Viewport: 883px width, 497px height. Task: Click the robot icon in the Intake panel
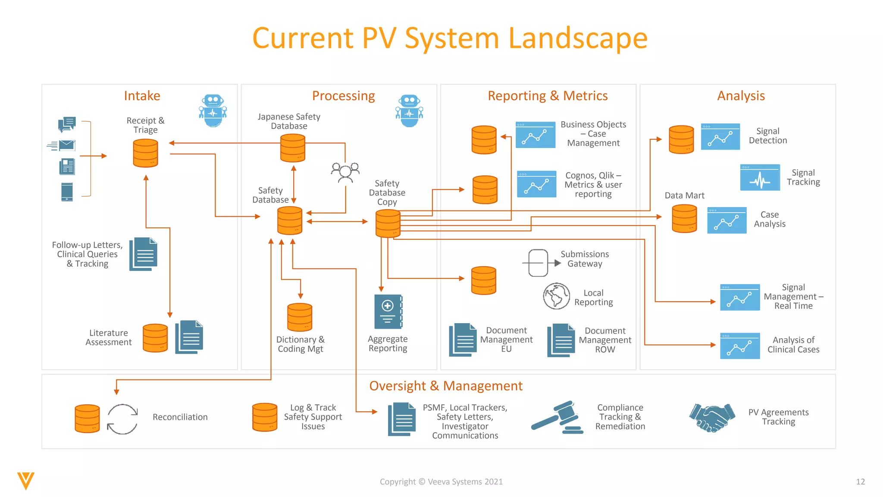(x=213, y=111)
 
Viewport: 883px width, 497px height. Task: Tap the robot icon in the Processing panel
(x=409, y=111)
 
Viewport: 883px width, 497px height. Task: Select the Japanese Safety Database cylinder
(x=293, y=148)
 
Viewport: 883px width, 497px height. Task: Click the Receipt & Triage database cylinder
(x=145, y=153)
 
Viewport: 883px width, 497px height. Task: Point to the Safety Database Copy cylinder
(x=388, y=223)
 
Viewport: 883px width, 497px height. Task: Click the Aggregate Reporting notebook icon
(x=388, y=311)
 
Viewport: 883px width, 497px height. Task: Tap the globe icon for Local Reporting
(x=556, y=296)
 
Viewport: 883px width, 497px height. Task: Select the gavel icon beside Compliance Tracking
(x=557, y=417)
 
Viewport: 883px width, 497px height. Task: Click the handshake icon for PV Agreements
(x=712, y=417)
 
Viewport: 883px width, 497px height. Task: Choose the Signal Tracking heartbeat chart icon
(x=760, y=177)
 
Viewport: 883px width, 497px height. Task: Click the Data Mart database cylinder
(x=684, y=218)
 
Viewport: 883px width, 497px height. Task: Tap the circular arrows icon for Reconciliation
(x=122, y=419)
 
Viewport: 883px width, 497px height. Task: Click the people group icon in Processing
(x=345, y=172)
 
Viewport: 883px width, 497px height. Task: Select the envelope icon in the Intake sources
(x=66, y=145)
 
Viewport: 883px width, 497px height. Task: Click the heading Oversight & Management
(x=446, y=386)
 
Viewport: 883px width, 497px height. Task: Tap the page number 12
(x=860, y=481)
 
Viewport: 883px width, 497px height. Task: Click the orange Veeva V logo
(x=26, y=481)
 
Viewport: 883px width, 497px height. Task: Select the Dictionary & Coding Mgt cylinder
(x=300, y=317)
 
